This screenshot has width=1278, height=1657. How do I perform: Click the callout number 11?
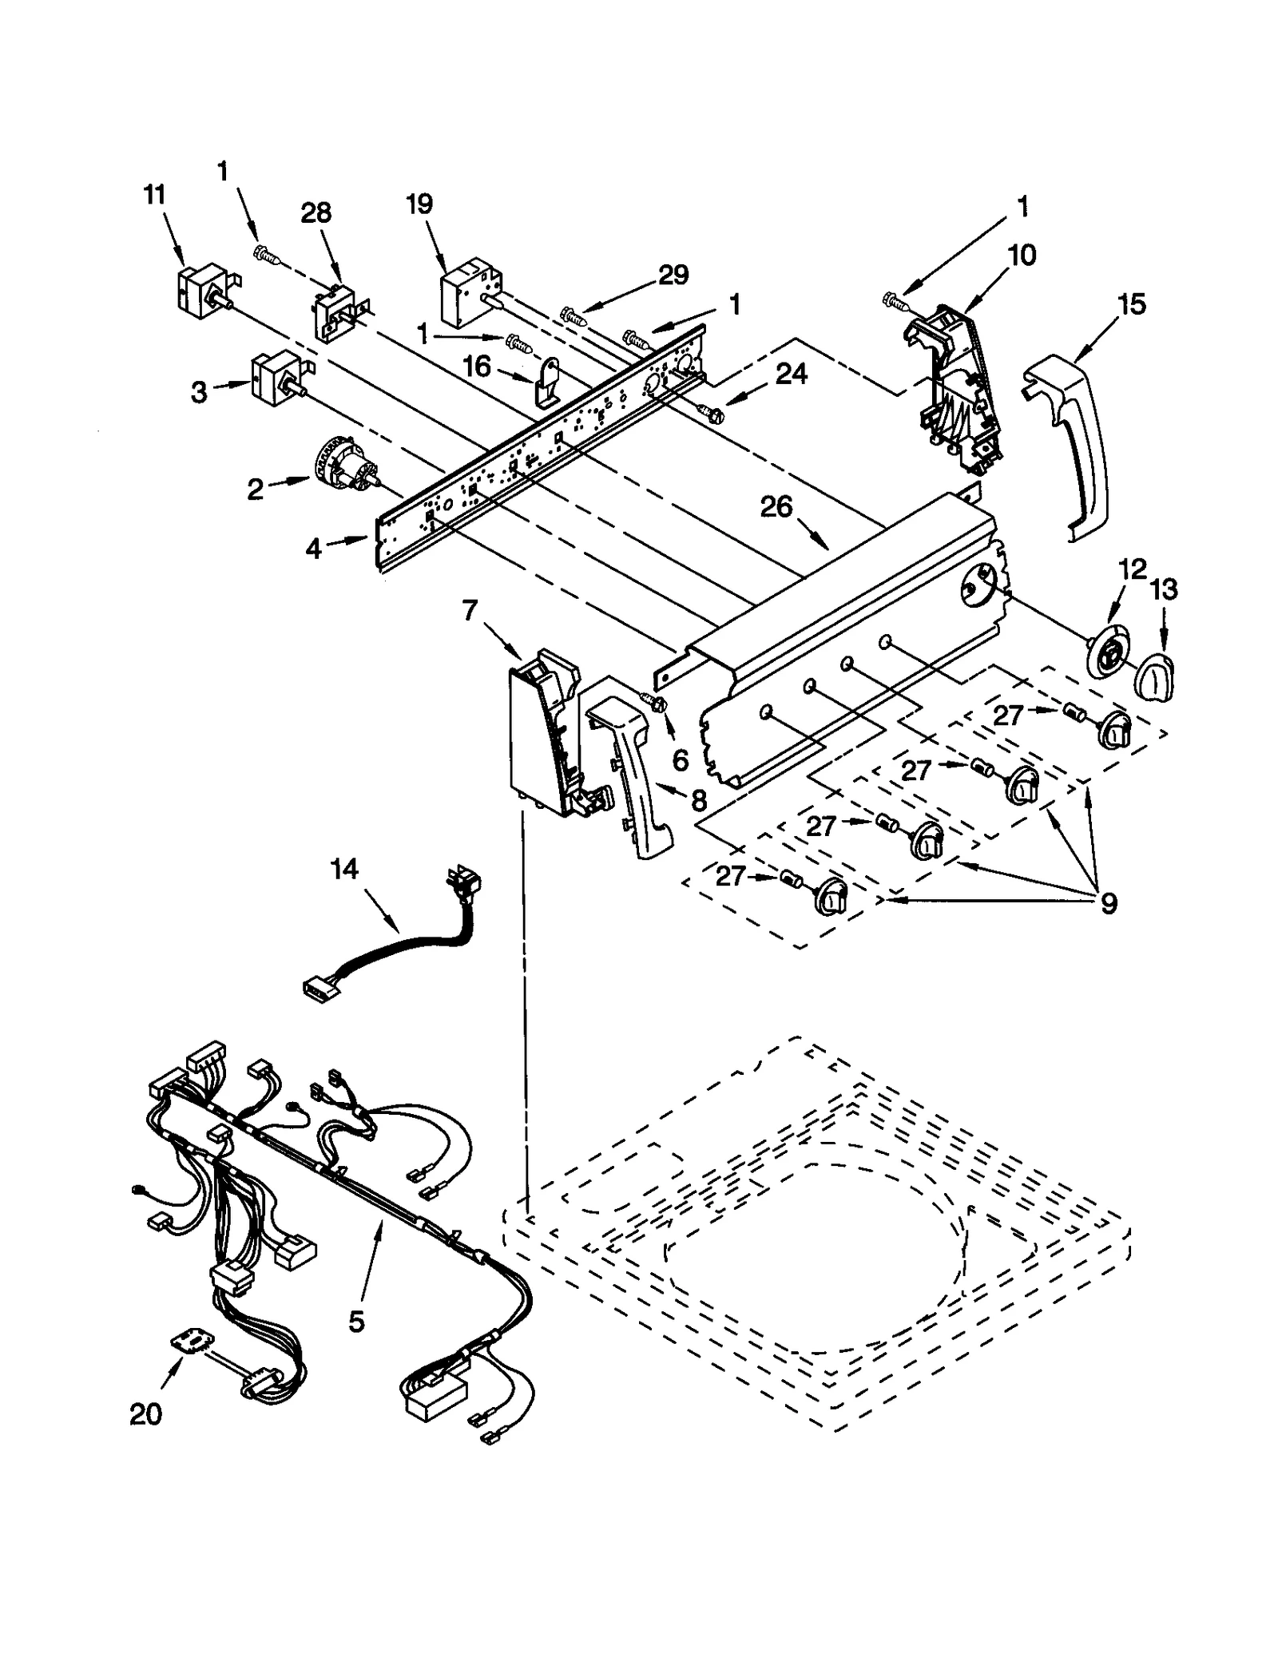pos(154,194)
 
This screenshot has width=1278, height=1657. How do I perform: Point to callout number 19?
pos(419,204)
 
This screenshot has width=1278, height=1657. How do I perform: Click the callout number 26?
pos(776,506)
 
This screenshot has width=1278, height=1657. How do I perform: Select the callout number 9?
pos(1108,903)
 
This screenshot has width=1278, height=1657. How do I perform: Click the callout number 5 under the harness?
pos(356,1322)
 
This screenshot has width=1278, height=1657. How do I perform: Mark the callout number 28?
pos(316,212)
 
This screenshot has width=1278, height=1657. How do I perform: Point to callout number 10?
pos(1022,256)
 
